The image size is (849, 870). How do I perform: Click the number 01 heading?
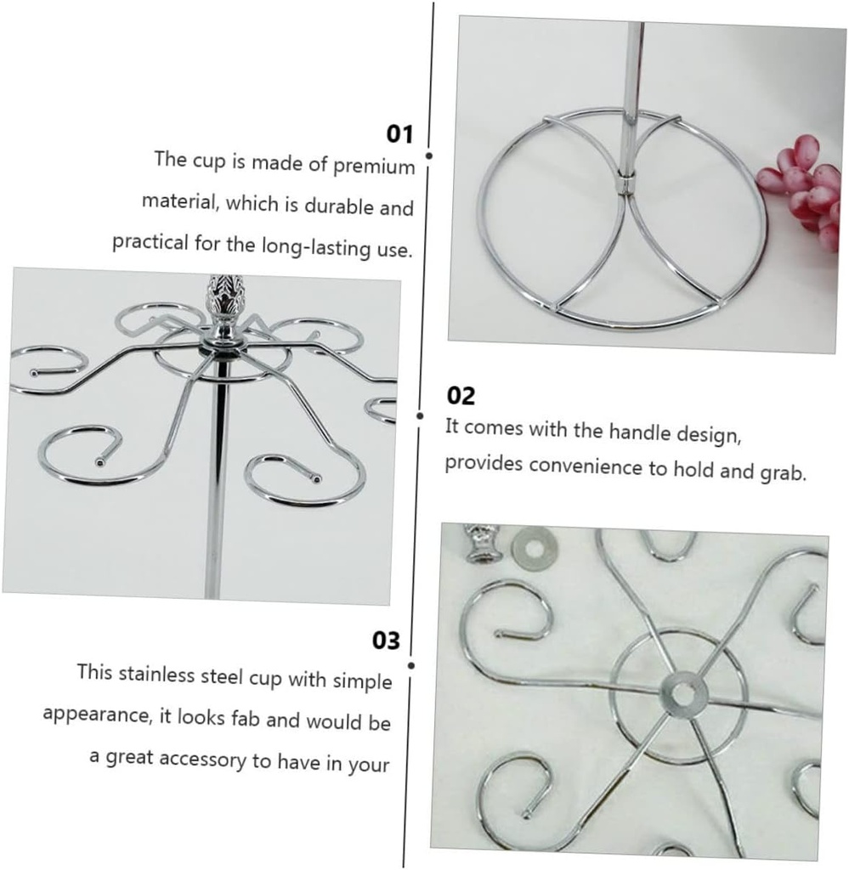click(399, 134)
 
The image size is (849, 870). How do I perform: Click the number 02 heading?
click(461, 396)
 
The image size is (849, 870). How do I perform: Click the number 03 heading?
click(386, 640)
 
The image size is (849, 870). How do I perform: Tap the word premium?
click(374, 167)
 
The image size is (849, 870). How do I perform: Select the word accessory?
click(203, 759)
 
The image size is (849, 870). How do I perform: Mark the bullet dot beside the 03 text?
click(411, 665)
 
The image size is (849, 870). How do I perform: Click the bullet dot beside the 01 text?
click(428, 156)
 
